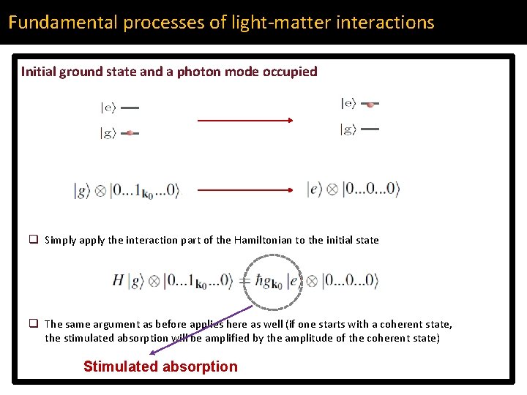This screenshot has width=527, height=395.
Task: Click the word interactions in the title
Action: [x=386, y=23]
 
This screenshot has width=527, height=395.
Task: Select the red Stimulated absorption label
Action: [x=160, y=366]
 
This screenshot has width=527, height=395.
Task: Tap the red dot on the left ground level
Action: [x=130, y=133]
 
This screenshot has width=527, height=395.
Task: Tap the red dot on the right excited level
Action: [x=370, y=105]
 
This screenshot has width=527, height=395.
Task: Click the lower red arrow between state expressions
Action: [x=245, y=189]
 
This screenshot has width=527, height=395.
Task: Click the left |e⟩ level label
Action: [x=108, y=108]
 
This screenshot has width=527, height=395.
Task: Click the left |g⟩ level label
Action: [x=108, y=133]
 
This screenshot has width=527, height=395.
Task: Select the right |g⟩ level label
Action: [x=348, y=129]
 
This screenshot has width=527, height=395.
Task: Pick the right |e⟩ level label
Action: [x=348, y=104]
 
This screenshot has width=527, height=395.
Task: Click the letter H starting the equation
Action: [x=118, y=280]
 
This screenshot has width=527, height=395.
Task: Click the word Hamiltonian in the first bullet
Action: [x=263, y=240]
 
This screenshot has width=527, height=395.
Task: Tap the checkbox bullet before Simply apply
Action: [x=34, y=239]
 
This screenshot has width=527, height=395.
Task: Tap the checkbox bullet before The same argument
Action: [x=34, y=323]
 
